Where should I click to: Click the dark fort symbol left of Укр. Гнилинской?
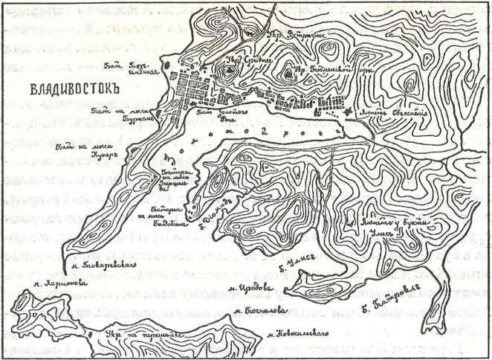point(288,73)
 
